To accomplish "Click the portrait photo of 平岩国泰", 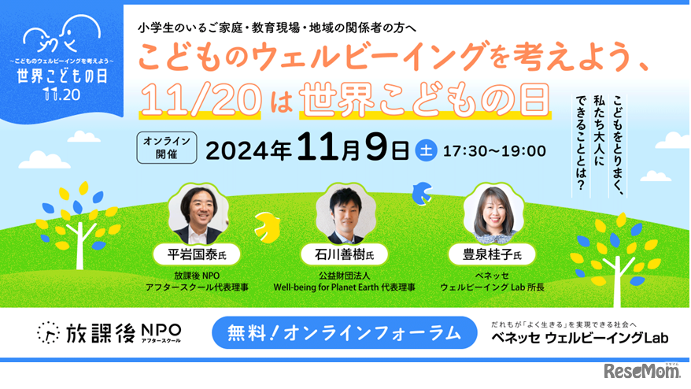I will (198, 213).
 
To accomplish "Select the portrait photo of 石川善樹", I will (345, 214).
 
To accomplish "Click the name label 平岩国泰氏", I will (199, 254).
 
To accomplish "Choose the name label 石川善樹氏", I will (345, 254).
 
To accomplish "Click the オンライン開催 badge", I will (166, 147).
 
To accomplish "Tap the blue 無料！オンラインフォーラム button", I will (345, 333).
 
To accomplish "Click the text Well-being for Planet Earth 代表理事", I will (344, 287).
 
